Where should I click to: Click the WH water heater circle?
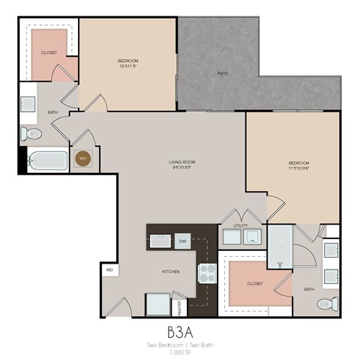click(x=83, y=159)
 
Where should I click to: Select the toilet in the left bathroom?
click(x=32, y=133)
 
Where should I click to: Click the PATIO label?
click(x=223, y=73)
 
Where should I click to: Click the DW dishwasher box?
click(x=182, y=240)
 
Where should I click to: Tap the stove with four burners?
click(x=206, y=273)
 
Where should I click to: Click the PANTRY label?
click(x=180, y=306)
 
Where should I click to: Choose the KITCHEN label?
click(x=171, y=273)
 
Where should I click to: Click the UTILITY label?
click(x=240, y=225)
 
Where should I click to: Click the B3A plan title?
click(x=180, y=330)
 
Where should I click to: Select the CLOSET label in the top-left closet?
click(x=50, y=54)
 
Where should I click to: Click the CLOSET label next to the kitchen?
click(x=253, y=284)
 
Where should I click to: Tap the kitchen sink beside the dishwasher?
click(x=160, y=240)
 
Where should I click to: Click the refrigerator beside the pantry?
click(x=158, y=304)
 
